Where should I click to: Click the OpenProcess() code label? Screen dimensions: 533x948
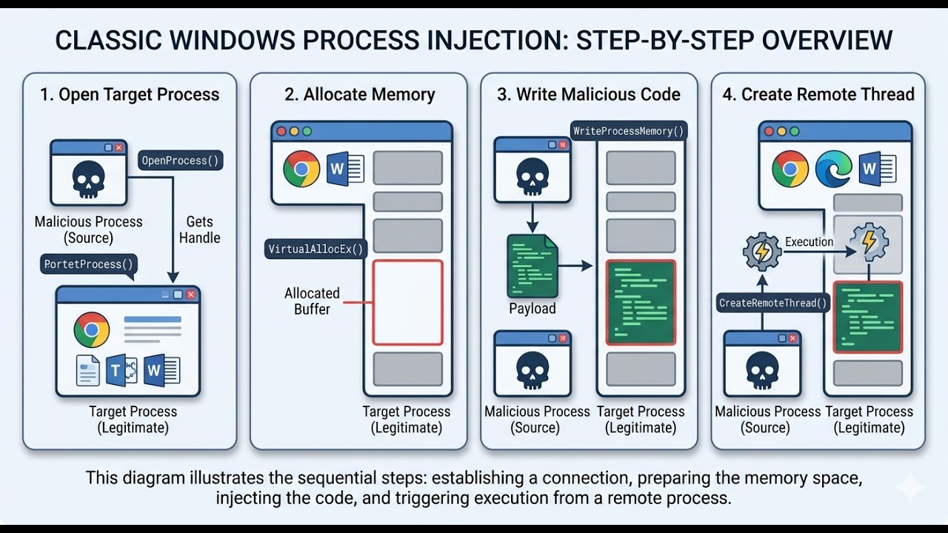coord(181,161)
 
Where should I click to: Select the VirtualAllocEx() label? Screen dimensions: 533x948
coord(316,249)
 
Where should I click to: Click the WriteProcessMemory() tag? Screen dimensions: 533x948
coord(629,131)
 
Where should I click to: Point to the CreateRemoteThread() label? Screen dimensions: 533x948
coord(773,303)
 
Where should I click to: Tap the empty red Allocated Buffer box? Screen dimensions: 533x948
coord(407,302)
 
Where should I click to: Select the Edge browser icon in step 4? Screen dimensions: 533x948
coord(833,169)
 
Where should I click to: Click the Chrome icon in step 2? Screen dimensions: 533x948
coord(301,169)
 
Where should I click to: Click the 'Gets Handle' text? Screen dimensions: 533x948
coord(199,229)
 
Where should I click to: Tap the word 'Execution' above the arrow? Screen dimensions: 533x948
coord(809,241)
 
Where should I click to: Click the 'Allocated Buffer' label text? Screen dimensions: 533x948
coord(312,301)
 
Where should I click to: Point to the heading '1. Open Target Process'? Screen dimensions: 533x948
coord(130,94)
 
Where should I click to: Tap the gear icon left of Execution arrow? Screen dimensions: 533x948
coord(761,252)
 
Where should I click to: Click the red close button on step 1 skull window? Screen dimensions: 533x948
coord(118,147)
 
